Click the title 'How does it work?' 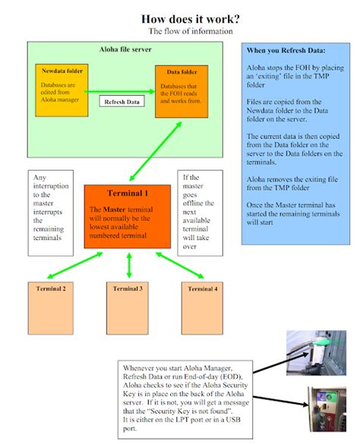pyautogui.click(x=190, y=17)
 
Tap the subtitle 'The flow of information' pyautogui.click(x=190, y=32)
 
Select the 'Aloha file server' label pyautogui.click(x=125, y=49)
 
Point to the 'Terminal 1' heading pyautogui.click(x=126, y=194)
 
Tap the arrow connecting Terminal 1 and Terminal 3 pyautogui.click(x=129, y=264)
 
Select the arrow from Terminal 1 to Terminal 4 pyautogui.click(x=179, y=265)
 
